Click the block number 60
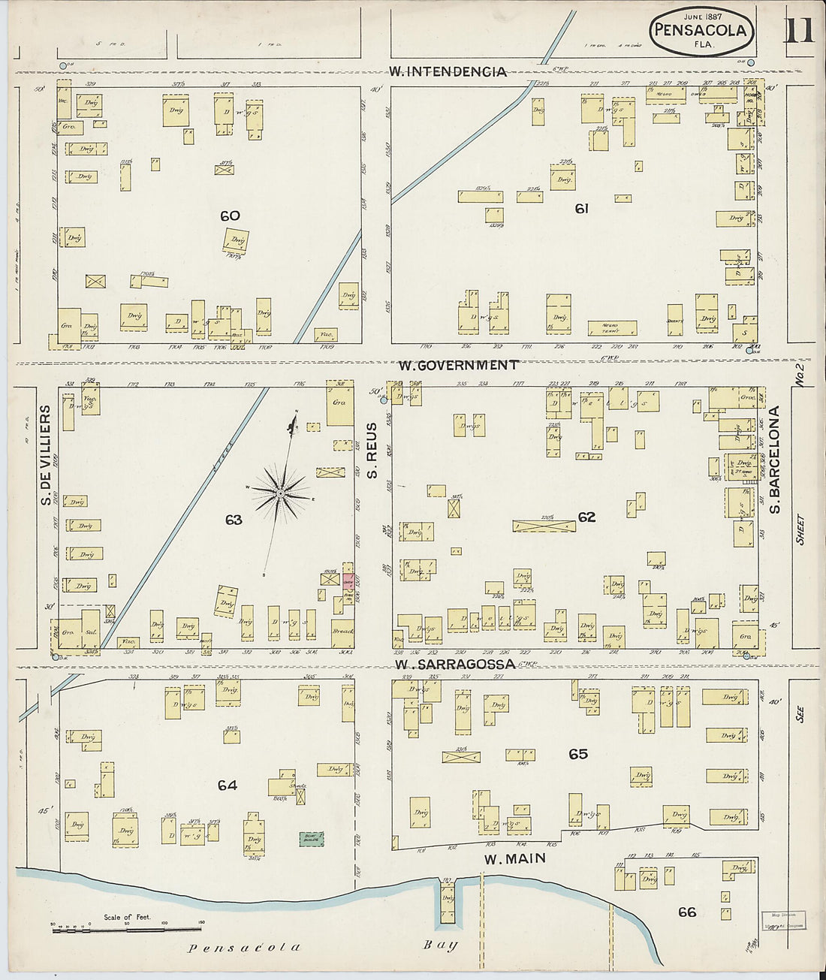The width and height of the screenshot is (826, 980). tap(230, 216)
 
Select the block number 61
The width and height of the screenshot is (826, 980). tap(581, 209)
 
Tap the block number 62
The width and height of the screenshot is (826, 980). tap(586, 517)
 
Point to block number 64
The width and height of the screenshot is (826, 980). tap(228, 786)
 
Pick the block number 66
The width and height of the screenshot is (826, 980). tap(686, 912)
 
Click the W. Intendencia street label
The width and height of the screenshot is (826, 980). tap(448, 72)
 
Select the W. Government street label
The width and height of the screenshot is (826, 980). tap(457, 365)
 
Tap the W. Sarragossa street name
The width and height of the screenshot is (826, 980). tap(455, 665)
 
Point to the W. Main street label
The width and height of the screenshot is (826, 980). tap(514, 858)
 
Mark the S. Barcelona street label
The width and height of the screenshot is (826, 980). tap(776, 460)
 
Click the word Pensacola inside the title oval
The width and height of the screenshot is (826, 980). tap(701, 31)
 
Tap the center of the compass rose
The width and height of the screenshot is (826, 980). tap(279, 493)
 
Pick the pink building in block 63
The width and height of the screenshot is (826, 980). tap(348, 580)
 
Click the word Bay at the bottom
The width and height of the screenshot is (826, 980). tap(441, 945)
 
